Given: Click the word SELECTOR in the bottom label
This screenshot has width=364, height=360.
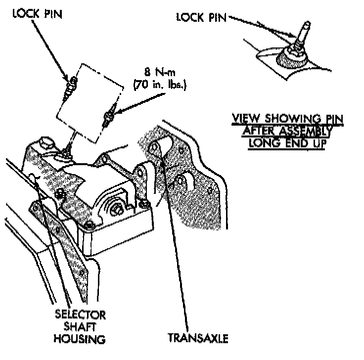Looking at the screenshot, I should pos(80,315).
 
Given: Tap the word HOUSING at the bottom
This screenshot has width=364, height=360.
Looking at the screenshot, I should pos(80,339).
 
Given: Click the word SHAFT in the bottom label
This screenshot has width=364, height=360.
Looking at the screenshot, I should pos(80,326).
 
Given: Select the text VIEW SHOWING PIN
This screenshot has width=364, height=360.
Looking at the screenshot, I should pos(288,119).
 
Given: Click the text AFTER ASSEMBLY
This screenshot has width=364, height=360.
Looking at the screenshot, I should pos(288,131).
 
